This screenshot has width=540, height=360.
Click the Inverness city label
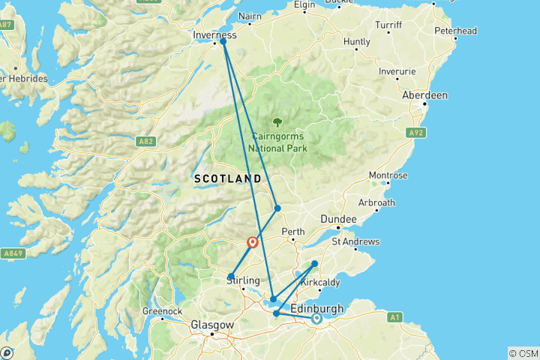point(214,34)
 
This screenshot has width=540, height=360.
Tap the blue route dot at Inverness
point(223,42)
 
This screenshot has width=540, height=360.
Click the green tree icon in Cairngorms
point(277,121)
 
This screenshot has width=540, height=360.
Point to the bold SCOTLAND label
point(227,179)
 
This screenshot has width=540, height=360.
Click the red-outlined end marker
point(253,242)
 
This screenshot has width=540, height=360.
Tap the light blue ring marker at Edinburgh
point(316,318)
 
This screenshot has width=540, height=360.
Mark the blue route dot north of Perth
point(277,208)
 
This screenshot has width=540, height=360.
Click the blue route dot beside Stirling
point(232,276)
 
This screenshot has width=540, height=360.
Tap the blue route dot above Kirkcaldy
point(314,263)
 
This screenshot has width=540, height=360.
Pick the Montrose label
point(388,175)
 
